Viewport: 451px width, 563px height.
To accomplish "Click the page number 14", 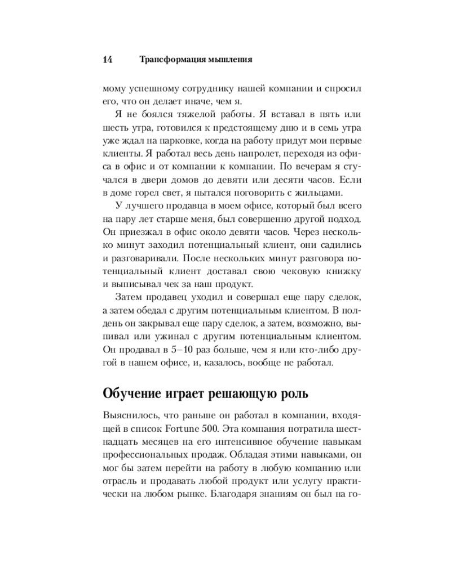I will point(109,59).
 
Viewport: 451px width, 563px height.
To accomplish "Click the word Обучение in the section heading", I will point(134,392).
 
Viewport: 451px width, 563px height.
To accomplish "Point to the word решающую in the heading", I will point(259,392).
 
